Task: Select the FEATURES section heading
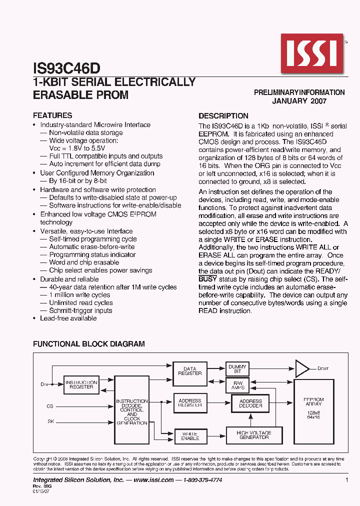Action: tap(52, 115)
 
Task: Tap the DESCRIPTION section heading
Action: tap(223, 115)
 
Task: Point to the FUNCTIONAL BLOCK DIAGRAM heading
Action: tap(89, 344)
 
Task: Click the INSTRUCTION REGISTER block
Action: tap(81, 384)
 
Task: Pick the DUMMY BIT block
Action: tap(237, 369)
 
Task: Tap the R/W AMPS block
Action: tap(237, 385)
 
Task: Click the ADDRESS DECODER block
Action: tap(250, 403)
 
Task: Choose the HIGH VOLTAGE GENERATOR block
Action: tap(254, 435)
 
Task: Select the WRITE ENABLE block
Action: tap(190, 435)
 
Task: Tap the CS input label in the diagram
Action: tap(50, 406)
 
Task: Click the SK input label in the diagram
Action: tap(50, 421)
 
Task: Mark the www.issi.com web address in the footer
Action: tap(154, 480)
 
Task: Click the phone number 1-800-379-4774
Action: tap(202, 480)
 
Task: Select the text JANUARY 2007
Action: tap(299, 100)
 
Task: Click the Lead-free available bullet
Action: tap(68, 318)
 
